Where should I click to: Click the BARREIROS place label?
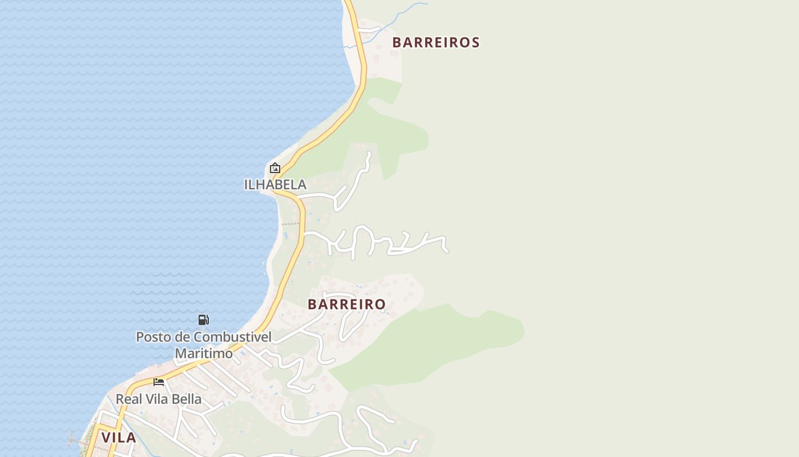436,42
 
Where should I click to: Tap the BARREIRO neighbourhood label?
347,304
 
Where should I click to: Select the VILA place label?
119,438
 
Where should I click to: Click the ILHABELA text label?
275,185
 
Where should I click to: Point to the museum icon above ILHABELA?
275,168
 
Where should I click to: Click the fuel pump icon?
203,319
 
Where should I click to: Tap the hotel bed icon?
159,382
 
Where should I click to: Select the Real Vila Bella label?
159,399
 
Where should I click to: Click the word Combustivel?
232,337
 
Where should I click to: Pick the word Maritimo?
204,354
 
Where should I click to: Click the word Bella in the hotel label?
186,399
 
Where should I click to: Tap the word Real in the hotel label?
128,399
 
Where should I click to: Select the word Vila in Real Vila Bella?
155,399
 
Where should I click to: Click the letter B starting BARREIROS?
397,42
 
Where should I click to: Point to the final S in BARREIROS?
475,42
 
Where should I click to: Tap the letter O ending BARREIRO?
380,304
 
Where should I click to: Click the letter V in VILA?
106,438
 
